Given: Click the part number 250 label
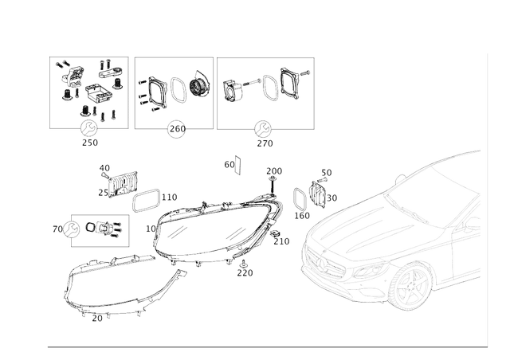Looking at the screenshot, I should pyautogui.click(x=90, y=143).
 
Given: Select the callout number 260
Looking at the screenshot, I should pyautogui.click(x=177, y=129).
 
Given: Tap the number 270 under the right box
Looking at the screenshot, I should pyautogui.click(x=265, y=143).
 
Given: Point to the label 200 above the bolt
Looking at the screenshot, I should pyautogui.click(x=274, y=171).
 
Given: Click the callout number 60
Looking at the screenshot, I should pyautogui.click(x=229, y=164).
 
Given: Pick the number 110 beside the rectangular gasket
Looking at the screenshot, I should pyautogui.click(x=169, y=197).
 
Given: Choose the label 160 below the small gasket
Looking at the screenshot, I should pyautogui.click(x=302, y=215).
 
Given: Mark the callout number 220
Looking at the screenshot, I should pyautogui.click(x=245, y=272).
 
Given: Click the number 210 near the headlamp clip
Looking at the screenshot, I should pyautogui.click(x=282, y=241).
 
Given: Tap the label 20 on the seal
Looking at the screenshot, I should pyautogui.click(x=97, y=317).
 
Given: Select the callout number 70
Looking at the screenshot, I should pyautogui.click(x=57, y=229).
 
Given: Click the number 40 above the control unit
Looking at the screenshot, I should pyautogui.click(x=104, y=168).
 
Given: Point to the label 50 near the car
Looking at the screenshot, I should pyautogui.click(x=326, y=172).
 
